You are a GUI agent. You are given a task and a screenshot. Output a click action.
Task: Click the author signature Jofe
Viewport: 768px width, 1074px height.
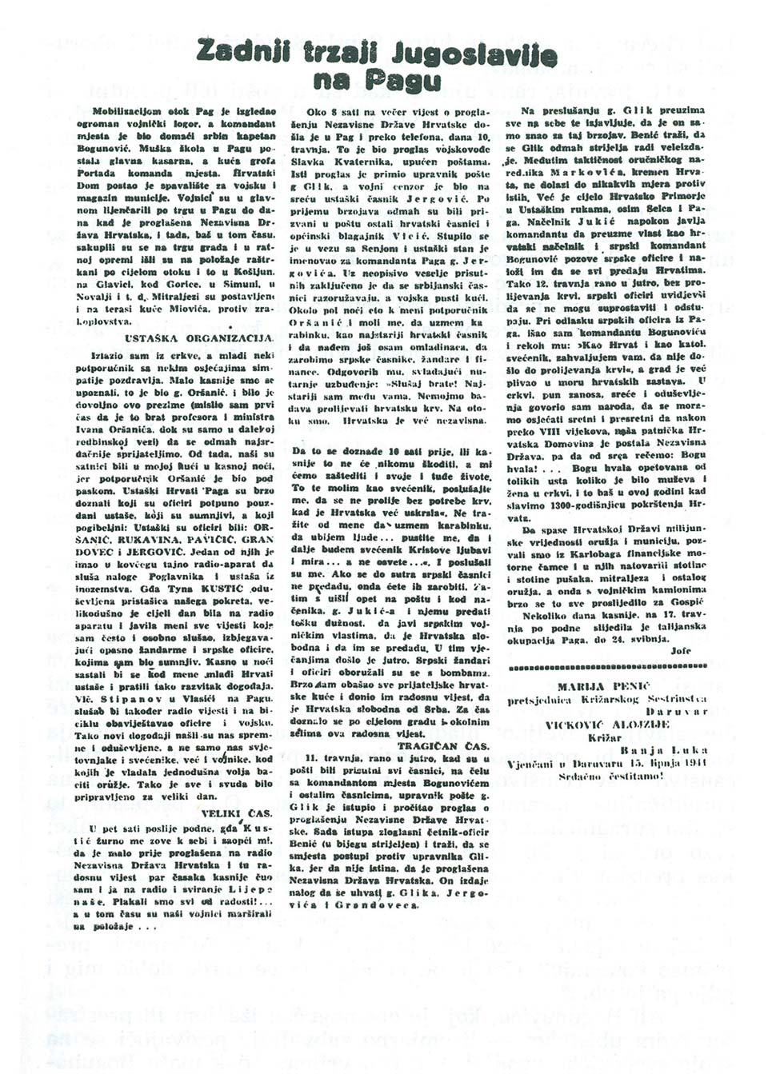[x=680, y=651]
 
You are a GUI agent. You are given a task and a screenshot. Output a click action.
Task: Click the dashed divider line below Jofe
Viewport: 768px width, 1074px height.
[x=608, y=666]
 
